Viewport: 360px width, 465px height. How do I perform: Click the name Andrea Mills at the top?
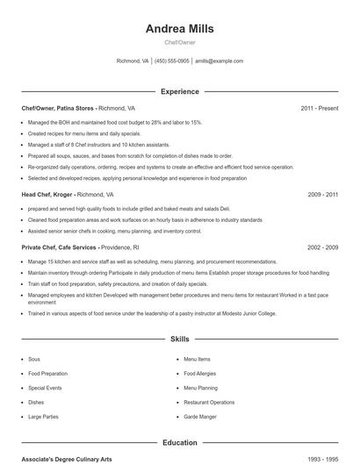179,28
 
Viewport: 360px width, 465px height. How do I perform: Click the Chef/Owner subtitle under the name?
179,42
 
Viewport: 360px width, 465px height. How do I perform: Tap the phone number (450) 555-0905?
172,61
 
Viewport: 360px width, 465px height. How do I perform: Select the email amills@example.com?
219,61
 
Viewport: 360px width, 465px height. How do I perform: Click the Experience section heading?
179,91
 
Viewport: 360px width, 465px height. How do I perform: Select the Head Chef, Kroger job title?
47,194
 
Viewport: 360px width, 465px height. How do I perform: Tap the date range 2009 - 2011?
322,194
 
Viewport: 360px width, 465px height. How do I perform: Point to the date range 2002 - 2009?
322,247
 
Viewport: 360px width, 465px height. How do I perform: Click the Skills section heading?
179,338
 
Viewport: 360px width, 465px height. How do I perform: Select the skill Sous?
34,359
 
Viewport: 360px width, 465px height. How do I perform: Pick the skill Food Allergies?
199,373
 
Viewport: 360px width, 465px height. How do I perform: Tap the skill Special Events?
45,387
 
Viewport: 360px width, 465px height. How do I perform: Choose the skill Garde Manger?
199,416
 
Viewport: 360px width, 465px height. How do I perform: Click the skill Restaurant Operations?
209,402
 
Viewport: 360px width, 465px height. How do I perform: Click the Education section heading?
179,443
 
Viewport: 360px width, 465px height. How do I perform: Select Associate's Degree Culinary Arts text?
68,460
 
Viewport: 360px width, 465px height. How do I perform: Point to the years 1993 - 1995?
322,460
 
